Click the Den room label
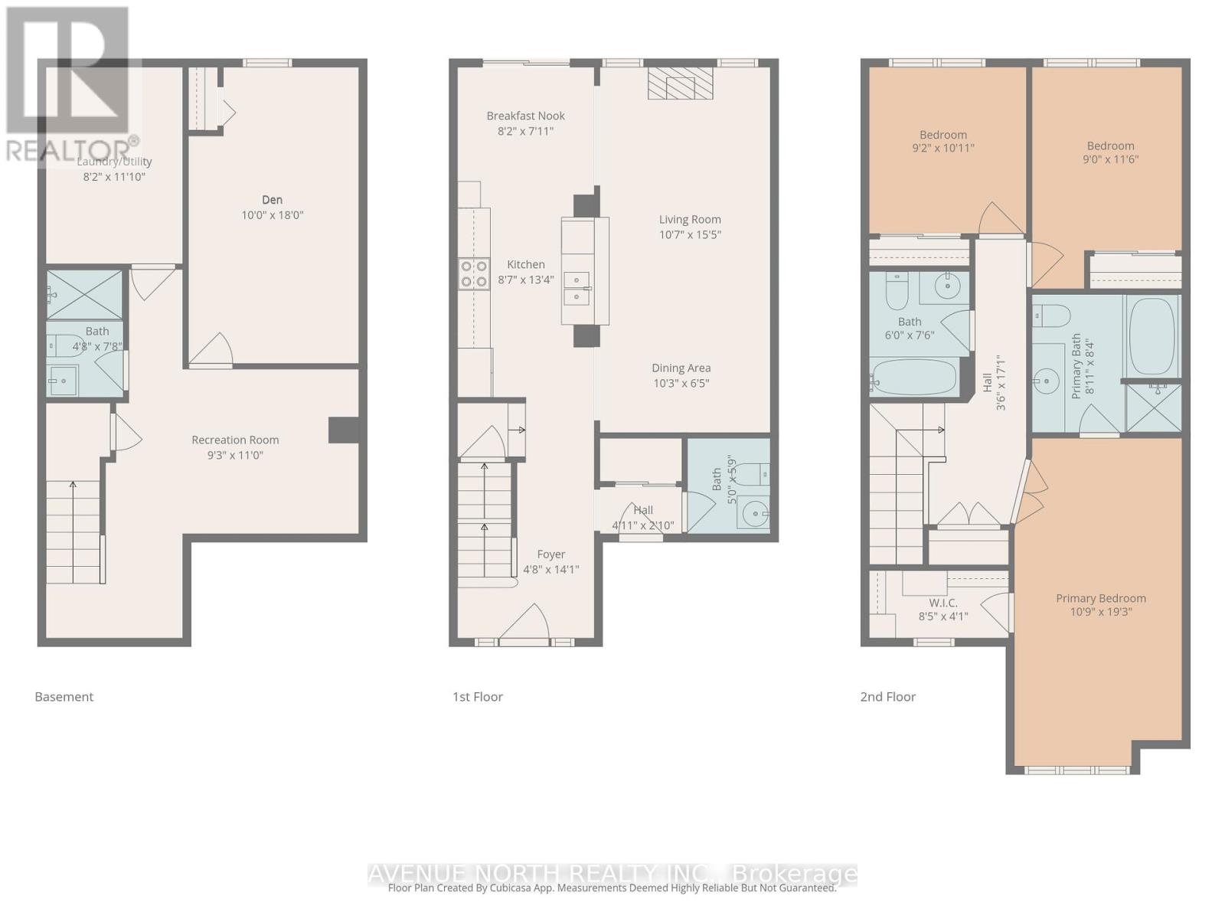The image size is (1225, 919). pyautogui.click(x=272, y=200)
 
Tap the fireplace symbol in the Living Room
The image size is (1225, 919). pyautogui.click(x=681, y=83)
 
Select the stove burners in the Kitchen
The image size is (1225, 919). pyautogui.click(x=474, y=273)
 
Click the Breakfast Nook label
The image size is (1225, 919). pyautogui.click(x=525, y=116)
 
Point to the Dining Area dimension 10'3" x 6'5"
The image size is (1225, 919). pyautogui.click(x=681, y=383)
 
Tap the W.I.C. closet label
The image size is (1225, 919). pyautogui.click(x=943, y=603)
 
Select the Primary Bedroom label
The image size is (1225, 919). pyautogui.click(x=1100, y=598)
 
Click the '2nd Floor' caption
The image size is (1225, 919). pyautogui.click(x=887, y=697)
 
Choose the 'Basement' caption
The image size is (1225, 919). pyautogui.click(x=64, y=697)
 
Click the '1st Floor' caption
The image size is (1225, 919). pyautogui.click(x=478, y=697)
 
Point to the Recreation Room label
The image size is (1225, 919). pyautogui.click(x=235, y=440)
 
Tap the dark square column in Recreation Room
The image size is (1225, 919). pyautogui.click(x=344, y=430)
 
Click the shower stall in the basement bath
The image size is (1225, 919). pyautogui.click(x=84, y=294)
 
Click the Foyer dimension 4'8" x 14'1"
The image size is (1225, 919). pyautogui.click(x=550, y=570)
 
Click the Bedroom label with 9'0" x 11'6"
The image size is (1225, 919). pyautogui.click(x=1110, y=146)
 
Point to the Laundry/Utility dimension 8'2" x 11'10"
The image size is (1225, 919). pyautogui.click(x=114, y=177)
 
